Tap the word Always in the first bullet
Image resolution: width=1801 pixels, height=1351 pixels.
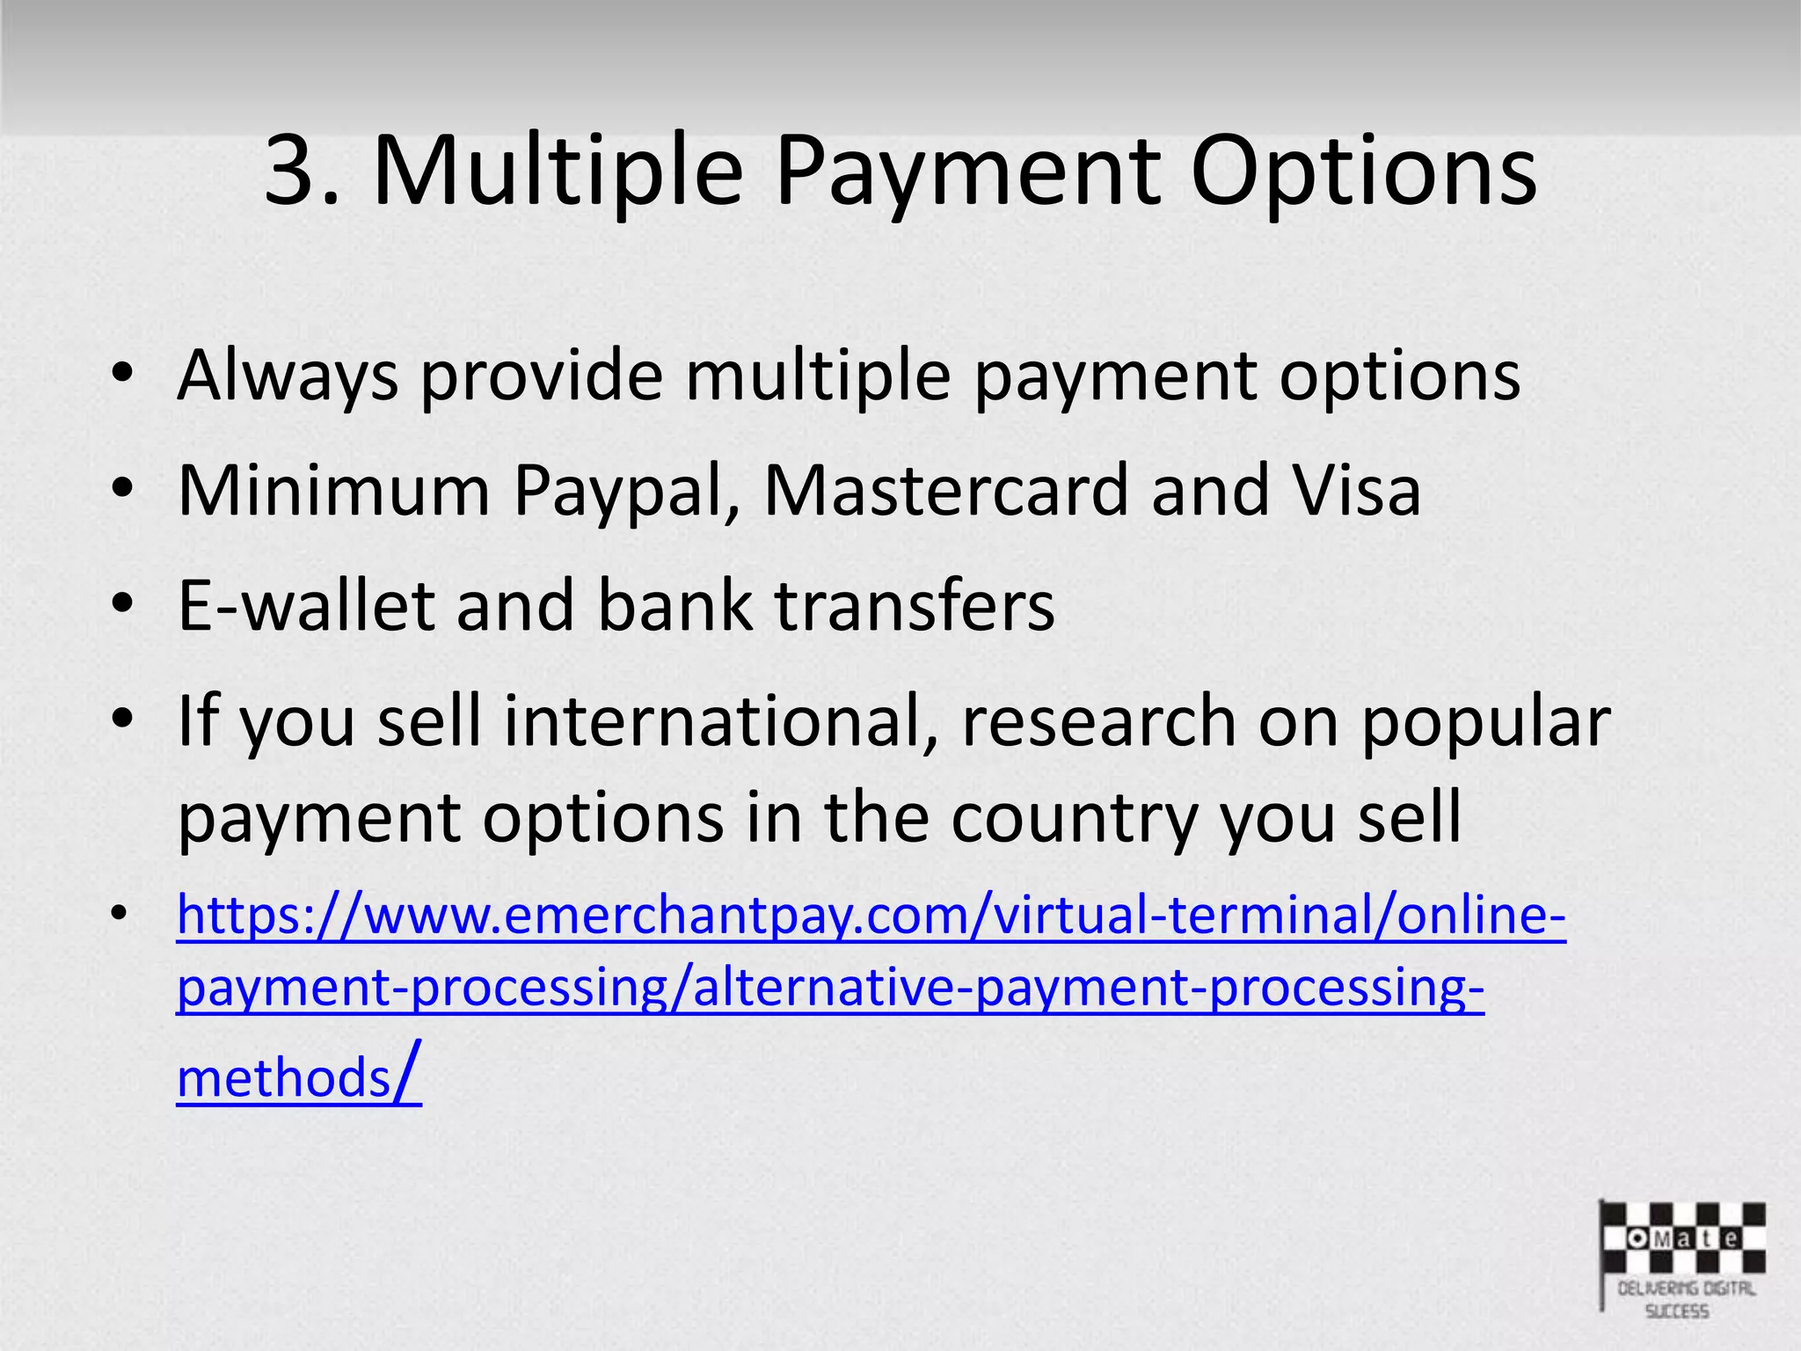click(287, 376)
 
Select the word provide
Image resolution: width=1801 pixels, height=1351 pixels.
click(541, 376)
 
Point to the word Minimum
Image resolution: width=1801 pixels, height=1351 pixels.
click(333, 491)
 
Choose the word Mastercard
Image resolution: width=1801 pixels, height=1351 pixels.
click(946, 491)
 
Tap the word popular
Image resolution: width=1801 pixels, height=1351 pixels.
click(1485, 721)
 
